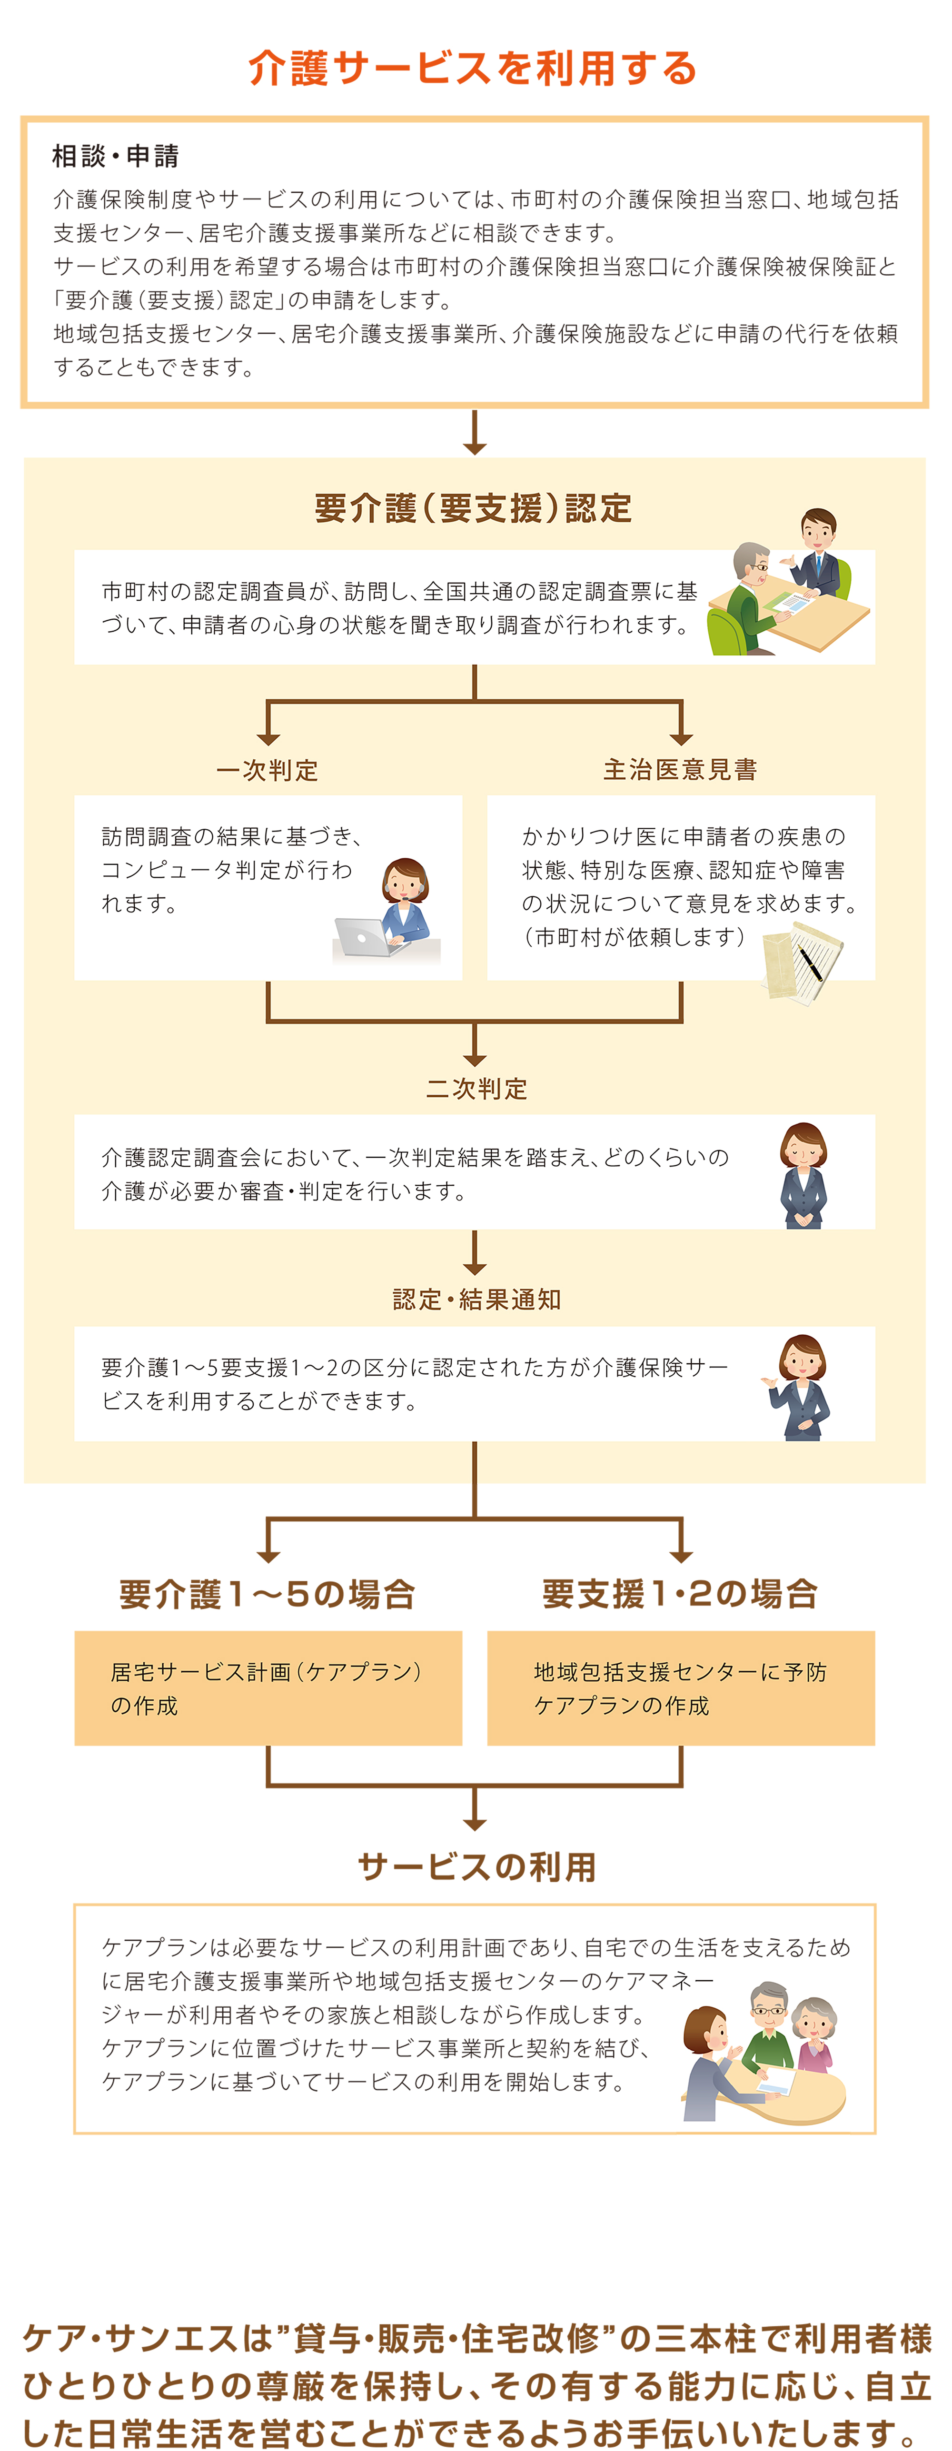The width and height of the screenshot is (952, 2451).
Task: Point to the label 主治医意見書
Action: pyautogui.click(x=680, y=770)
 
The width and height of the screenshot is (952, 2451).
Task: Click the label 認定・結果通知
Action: pyautogui.click(x=476, y=1300)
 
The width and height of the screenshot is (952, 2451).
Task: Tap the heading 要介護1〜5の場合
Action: pyautogui.click(x=267, y=1594)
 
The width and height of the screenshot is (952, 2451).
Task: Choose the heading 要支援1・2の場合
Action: pyautogui.click(x=680, y=1594)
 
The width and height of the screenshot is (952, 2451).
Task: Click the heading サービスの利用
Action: pyautogui.click(x=476, y=1867)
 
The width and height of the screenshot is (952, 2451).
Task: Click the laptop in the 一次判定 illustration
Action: pyautogui.click(x=361, y=938)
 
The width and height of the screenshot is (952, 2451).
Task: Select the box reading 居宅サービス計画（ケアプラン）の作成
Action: pyautogui.click(x=268, y=1688)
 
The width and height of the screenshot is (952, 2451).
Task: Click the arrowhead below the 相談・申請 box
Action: pyautogui.click(x=475, y=446)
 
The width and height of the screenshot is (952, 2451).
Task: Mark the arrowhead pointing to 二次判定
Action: pyautogui.click(x=475, y=1059)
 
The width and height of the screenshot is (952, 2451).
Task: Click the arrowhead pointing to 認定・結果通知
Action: pyautogui.click(x=475, y=1268)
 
